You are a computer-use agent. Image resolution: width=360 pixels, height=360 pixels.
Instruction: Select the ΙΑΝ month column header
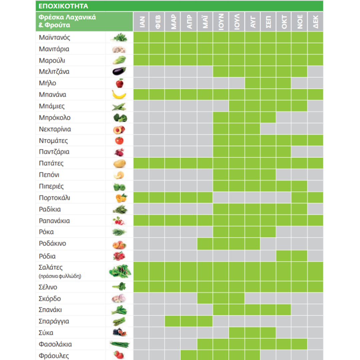141,22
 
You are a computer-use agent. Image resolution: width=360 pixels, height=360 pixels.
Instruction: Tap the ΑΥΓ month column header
252,22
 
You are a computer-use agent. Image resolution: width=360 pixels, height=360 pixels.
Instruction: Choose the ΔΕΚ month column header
315,22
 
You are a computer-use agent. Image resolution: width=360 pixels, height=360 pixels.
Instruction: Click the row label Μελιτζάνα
54,72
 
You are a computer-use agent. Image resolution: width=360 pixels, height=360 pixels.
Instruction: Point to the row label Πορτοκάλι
54,198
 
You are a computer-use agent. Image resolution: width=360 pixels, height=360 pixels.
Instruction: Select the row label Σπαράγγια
54,322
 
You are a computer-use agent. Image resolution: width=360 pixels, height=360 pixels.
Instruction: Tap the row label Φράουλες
54,356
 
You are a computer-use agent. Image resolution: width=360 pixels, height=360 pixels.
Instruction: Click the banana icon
119,95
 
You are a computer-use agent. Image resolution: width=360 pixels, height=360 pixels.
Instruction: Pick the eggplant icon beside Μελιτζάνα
119,71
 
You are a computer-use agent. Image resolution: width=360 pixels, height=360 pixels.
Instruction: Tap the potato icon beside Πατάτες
119,164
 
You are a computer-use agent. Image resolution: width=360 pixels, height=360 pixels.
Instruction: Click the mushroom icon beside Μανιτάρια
119,50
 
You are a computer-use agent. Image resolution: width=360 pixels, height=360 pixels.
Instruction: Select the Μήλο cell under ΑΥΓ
252,83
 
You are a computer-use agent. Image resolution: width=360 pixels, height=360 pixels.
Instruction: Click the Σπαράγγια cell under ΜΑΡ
173,322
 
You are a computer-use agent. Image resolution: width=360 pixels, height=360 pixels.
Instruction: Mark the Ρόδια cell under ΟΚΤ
284,256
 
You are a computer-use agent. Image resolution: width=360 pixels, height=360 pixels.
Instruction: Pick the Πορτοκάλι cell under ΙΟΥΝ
221,198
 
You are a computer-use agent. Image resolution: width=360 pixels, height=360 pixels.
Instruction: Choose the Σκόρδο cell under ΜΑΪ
205,299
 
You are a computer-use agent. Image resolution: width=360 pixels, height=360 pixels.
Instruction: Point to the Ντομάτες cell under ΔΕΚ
315,141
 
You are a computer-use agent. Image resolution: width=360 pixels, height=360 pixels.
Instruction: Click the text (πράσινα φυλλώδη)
60,276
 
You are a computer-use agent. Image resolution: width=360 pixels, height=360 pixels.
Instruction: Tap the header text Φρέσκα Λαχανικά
67,17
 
